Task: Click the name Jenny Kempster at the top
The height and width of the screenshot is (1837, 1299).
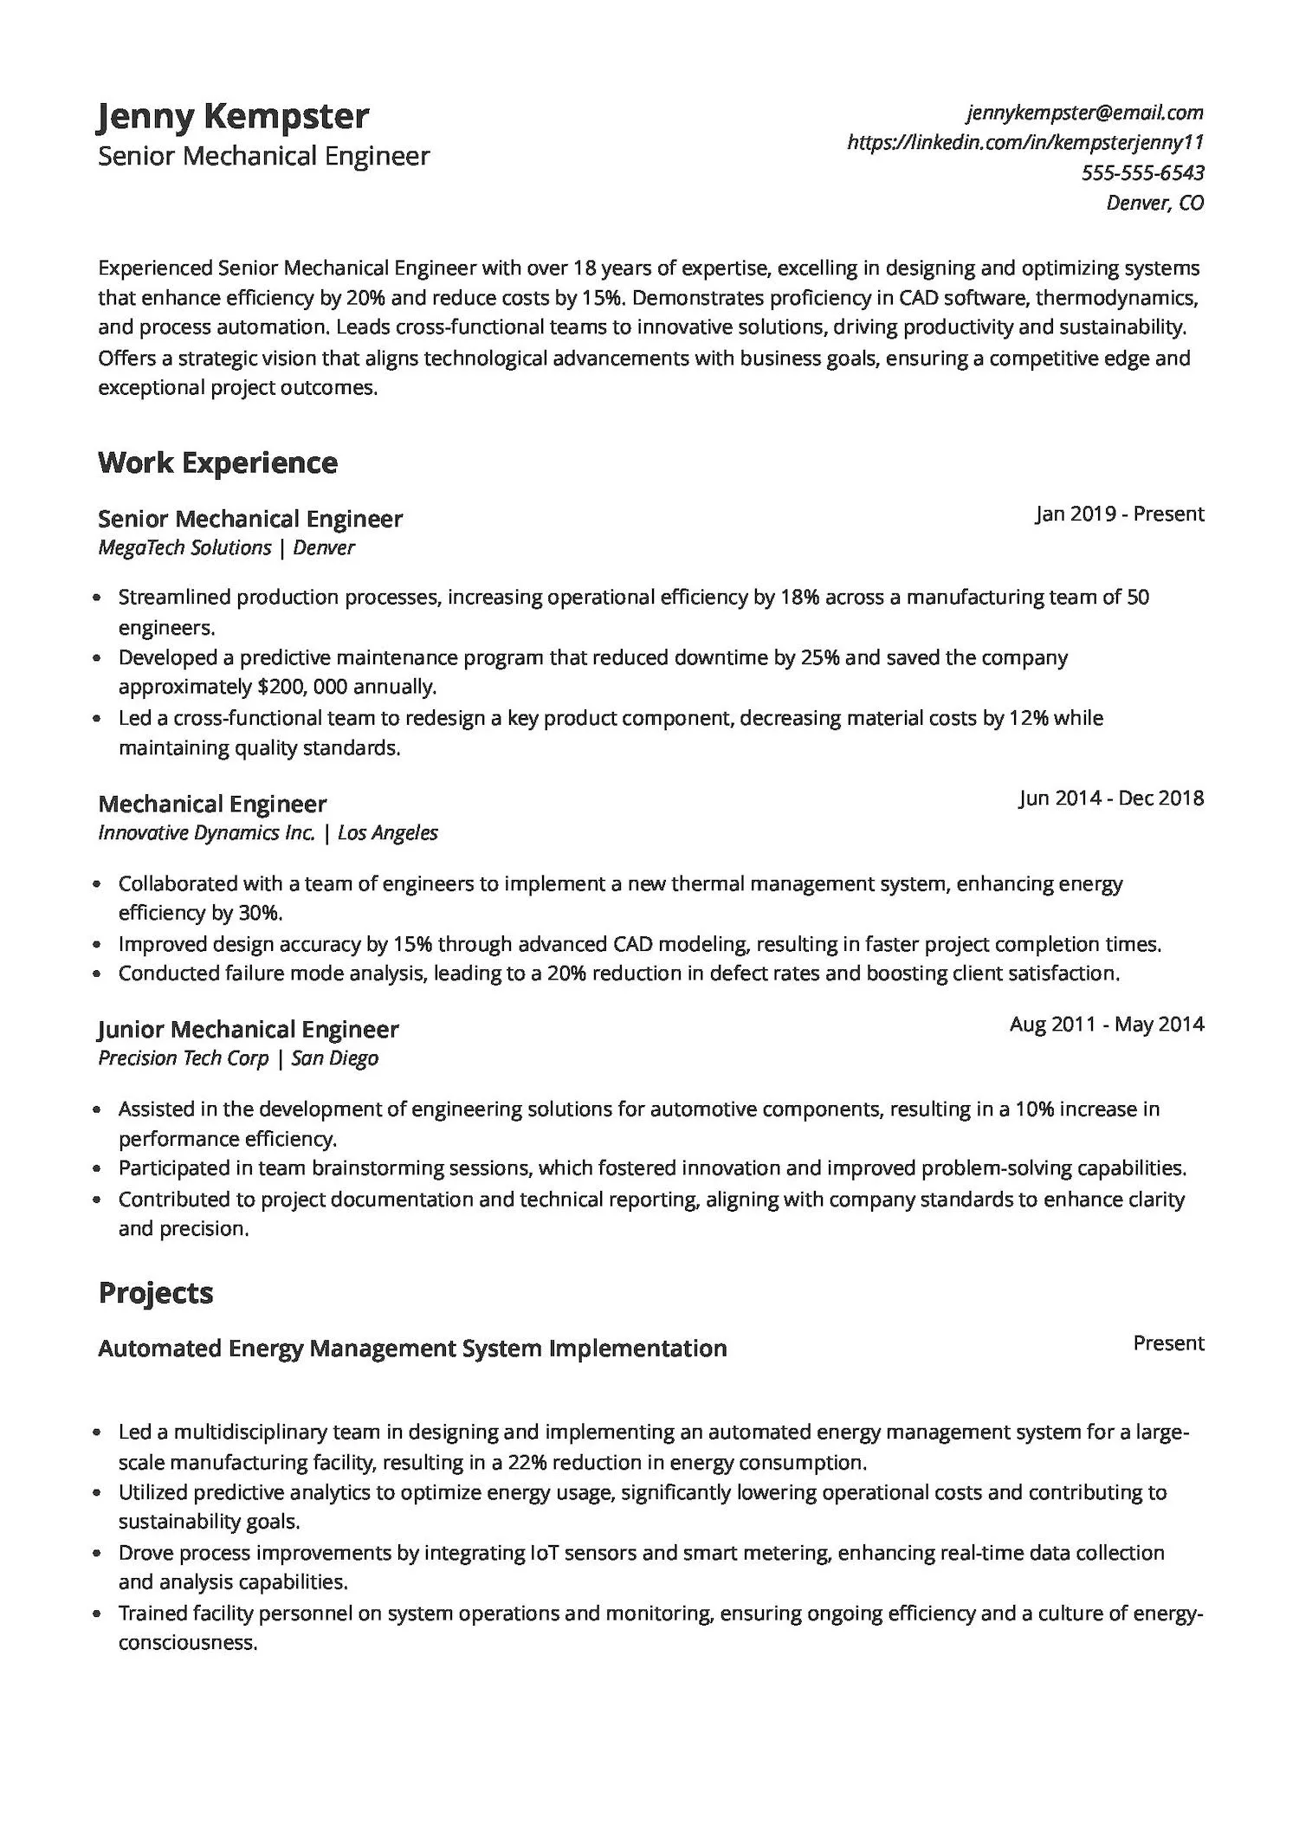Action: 233,116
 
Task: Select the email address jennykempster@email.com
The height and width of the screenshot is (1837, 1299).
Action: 1085,113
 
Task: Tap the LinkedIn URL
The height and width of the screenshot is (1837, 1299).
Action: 1025,142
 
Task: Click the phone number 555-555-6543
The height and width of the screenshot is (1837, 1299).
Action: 1142,172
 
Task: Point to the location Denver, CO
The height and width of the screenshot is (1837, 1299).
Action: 1154,203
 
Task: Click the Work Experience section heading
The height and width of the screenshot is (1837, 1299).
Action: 217,462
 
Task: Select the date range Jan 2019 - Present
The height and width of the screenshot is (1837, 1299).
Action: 1119,514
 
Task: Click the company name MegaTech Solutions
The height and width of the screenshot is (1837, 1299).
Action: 184,547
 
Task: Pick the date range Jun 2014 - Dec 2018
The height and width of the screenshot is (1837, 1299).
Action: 1111,798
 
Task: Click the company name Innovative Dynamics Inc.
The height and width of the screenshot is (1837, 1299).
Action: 206,833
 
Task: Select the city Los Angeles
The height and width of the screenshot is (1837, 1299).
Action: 387,833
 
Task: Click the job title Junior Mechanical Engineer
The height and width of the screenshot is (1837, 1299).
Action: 248,1029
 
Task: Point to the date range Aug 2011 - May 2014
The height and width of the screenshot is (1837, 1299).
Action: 1107,1024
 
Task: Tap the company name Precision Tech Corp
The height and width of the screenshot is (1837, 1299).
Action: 183,1058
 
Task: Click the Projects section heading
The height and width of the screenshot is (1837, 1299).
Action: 156,1292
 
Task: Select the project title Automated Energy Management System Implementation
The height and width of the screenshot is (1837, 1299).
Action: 412,1349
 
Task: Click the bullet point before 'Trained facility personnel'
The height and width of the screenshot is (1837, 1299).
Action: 98,1614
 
